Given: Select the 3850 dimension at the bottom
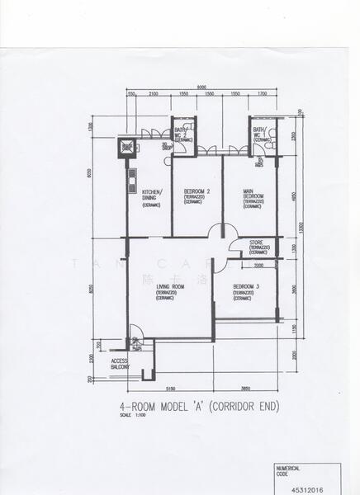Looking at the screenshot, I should click(245, 387).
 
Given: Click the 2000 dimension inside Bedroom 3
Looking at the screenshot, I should click(258, 266).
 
